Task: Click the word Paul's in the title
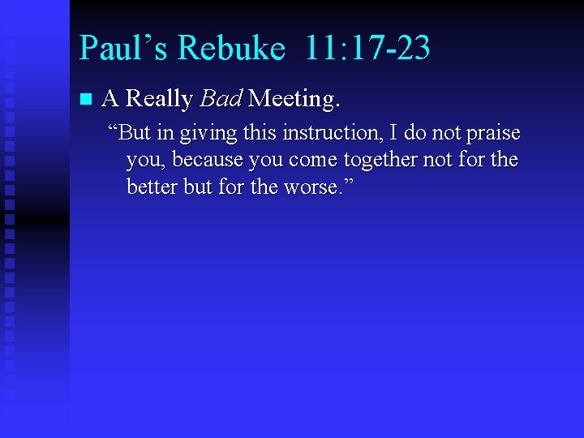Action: click(x=123, y=48)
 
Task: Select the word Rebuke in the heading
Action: click(x=231, y=48)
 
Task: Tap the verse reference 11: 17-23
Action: click(x=367, y=48)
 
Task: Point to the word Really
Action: click(x=160, y=100)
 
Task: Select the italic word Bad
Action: click(x=221, y=99)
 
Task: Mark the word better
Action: click(x=152, y=187)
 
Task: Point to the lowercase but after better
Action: click(x=198, y=187)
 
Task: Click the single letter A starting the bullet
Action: click(x=111, y=99)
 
